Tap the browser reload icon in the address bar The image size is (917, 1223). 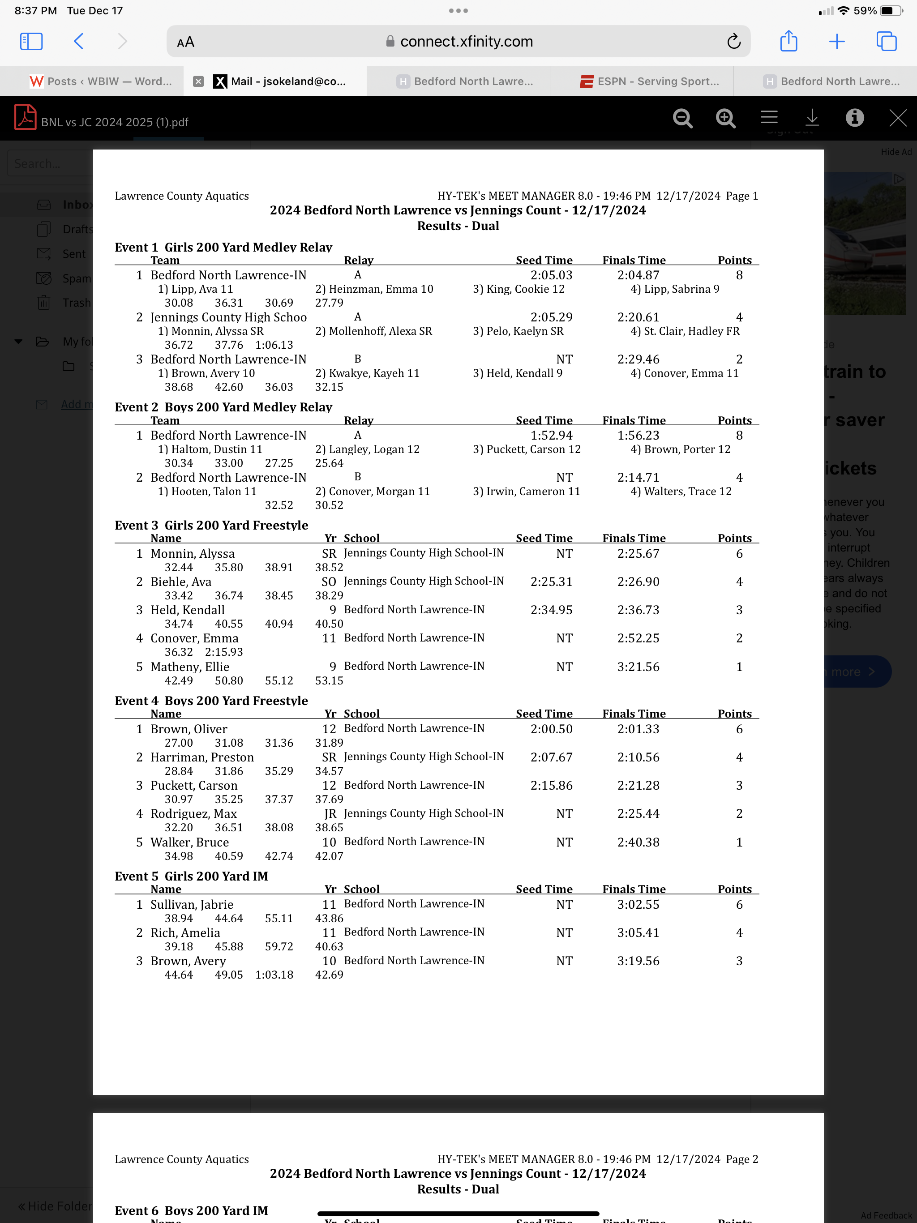pyautogui.click(x=733, y=42)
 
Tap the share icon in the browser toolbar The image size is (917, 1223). pyautogui.click(x=788, y=42)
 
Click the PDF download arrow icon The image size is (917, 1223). pyautogui.click(x=812, y=118)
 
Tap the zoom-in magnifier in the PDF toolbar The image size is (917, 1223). pyautogui.click(x=725, y=118)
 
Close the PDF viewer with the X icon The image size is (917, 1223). pyautogui.click(x=897, y=118)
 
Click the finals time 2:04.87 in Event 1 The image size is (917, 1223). pyautogui.click(x=638, y=275)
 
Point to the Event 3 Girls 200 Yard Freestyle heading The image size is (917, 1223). pyautogui.click(x=211, y=525)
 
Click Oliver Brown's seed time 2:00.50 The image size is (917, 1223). pyautogui.click(x=552, y=729)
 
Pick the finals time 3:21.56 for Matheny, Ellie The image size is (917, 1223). pyautogui.click(x=638, y=667)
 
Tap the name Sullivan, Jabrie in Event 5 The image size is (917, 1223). pyautogui.click(x=192, y=905)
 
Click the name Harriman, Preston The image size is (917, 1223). pyautogui.click(x=202, y=757)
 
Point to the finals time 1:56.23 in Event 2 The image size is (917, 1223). pyautogui.click(x=638, y=436)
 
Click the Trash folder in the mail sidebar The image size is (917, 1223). pyautogui.click(x=76, y=303)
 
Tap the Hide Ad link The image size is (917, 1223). pyautogui.click(x=896, y=152)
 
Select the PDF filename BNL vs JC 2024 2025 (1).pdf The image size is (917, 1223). pyautogui.click(x=115, y=122)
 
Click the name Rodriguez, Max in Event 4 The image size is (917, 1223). pyautogui.click(x=193, y=814)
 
